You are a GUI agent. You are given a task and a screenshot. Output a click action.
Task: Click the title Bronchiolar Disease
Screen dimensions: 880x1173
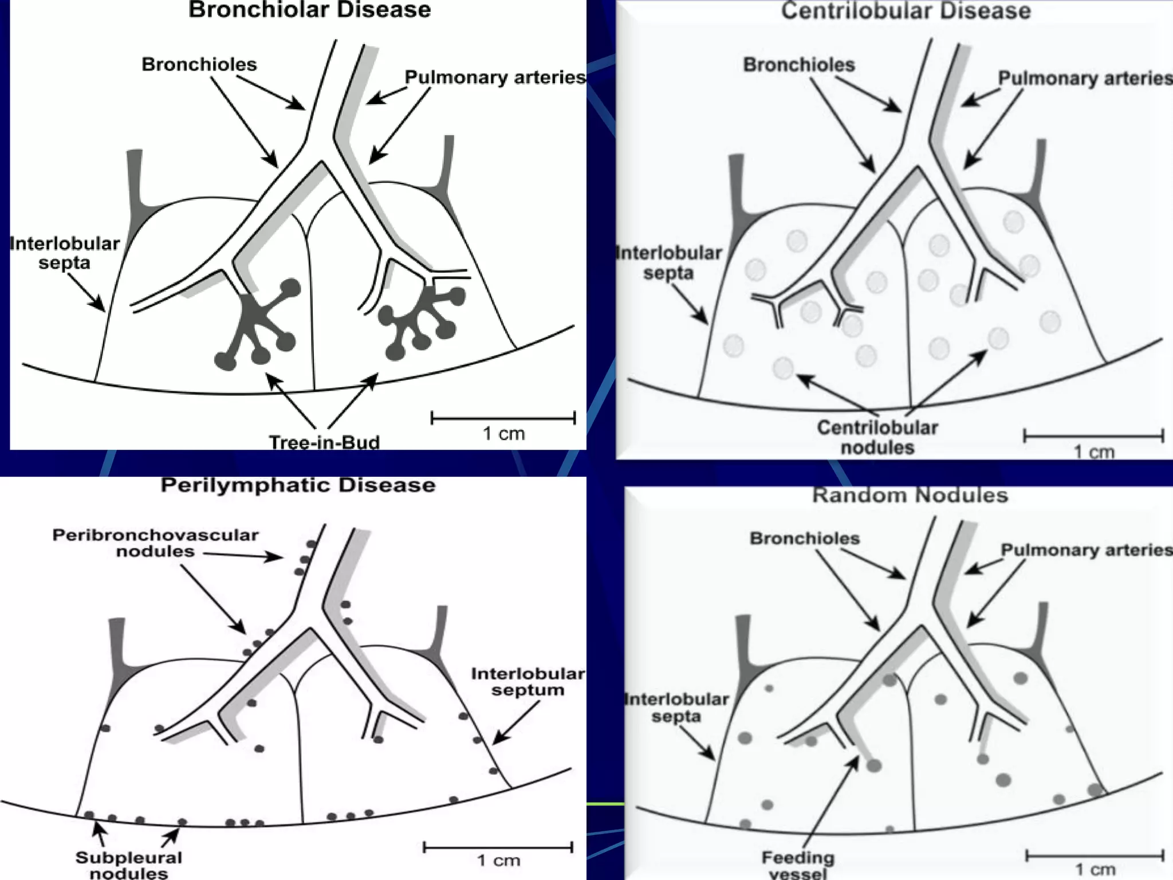(x=309, y=10)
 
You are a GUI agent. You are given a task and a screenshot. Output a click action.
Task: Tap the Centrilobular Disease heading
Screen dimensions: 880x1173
(x=906, y=11)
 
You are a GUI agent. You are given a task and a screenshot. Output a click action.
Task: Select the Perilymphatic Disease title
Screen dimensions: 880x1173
(x=298, y=485)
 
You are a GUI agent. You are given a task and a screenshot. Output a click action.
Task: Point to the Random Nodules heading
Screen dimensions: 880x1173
(x=910, y=495)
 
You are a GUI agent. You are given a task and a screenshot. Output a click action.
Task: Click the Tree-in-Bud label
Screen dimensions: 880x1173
(x=324, y=442)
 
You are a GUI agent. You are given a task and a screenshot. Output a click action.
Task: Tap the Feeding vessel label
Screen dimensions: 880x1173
(x=798, y=866)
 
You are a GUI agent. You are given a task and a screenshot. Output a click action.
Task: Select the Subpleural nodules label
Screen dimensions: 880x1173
(x=129, y=865)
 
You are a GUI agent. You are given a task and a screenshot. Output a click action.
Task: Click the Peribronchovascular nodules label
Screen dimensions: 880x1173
(x=155, y=543)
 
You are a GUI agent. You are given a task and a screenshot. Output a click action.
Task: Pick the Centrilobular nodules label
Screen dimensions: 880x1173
(x=877, y=437)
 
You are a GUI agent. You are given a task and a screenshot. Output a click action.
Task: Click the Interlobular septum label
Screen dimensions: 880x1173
(x=528, y=681)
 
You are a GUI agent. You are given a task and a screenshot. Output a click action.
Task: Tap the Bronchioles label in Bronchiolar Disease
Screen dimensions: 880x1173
(x=199, y=64)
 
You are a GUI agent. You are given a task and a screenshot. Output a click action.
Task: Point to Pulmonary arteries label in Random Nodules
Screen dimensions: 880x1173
(x=1086, y=550)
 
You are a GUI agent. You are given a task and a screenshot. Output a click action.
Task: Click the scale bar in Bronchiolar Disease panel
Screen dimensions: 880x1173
(x=503, y=418)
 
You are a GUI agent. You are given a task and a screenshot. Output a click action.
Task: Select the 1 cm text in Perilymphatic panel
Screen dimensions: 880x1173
(x=498, y=860)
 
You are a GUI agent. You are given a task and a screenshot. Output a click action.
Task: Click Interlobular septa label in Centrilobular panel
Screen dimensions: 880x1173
(x=668, y=262)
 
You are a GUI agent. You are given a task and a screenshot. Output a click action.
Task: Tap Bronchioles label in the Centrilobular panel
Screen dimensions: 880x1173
(x=798, y=65)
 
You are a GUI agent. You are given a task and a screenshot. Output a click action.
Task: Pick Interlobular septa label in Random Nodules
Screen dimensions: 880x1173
(x=676, y=708)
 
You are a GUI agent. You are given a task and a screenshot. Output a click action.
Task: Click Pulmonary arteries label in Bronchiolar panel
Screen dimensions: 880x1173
(x=495, y=77)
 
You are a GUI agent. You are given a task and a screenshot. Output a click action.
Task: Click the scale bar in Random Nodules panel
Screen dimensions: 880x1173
(x=1094, y=857)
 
